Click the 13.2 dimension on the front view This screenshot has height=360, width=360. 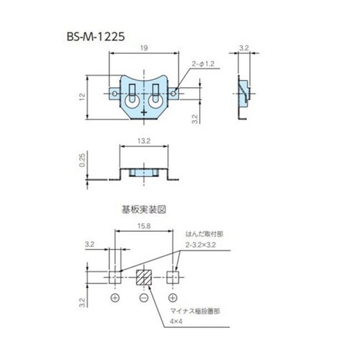144,143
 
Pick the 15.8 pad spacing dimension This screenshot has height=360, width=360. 144,228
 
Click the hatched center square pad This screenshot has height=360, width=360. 144,276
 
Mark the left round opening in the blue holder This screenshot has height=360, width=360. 132,100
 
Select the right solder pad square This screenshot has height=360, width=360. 173,276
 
